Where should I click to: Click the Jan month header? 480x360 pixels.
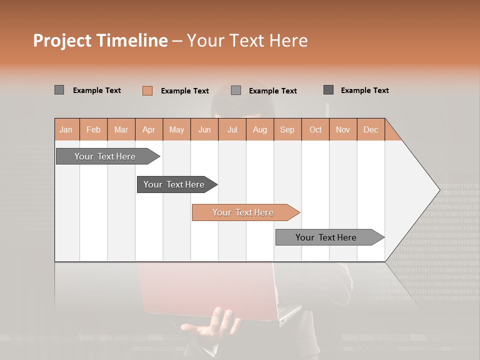point(66,129)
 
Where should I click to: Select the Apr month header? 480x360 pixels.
point(148,129)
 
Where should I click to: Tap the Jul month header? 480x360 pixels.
point(232,129)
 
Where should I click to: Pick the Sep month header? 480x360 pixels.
point(287,129)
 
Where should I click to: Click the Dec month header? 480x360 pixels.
point(370,129)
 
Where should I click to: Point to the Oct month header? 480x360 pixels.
point(315,129)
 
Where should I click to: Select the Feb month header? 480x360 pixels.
point(93,129)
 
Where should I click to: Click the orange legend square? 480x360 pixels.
point(147,90)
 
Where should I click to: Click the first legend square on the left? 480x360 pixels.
point(59,90)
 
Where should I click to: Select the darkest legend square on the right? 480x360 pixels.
point(328,90)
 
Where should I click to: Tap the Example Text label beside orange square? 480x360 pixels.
point(184,91)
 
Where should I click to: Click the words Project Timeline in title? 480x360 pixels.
point(100,40)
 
